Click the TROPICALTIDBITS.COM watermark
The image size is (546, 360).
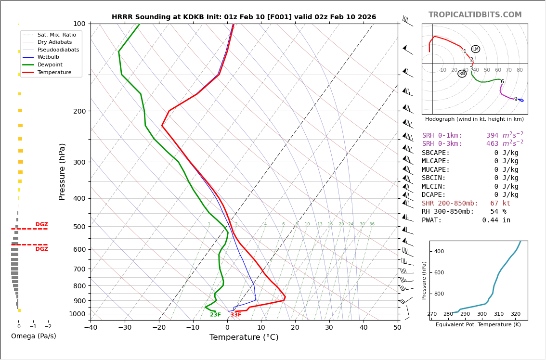[x=475, y=15]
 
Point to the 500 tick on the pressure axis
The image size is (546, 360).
[x=79, y=227]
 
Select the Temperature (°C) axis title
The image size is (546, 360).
[x=244, y=337]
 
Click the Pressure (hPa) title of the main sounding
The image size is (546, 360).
[x=62, y=171]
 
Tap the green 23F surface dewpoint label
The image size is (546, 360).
[x=215, y=315]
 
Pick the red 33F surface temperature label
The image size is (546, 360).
[x=236, y=315]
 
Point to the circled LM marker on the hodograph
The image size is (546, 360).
[x=476, y=49]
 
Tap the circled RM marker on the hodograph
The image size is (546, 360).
[x=462, y=74]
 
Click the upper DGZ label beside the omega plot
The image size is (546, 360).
[x=42, y=225]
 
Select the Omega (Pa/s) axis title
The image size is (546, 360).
[x=34, y=336]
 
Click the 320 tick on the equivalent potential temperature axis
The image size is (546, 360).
[x=515, y=314]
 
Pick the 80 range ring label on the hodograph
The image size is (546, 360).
[x=520, y=70]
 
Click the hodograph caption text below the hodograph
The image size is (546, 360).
[x=474, y=119]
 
